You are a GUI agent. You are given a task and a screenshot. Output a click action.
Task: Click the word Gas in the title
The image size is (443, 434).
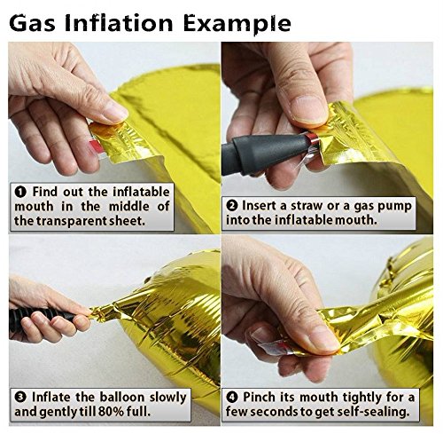tap(32, 23)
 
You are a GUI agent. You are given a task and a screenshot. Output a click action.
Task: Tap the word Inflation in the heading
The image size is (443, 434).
tap(119, 23)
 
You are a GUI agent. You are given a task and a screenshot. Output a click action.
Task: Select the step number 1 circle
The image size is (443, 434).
tap(20, 193)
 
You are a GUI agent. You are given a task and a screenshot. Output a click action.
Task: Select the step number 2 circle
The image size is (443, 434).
tap(232, 206)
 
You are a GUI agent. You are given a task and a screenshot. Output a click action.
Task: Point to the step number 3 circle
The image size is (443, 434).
tap(20, 397)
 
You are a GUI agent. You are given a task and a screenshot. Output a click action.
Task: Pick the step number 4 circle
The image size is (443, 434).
tap(232, 397)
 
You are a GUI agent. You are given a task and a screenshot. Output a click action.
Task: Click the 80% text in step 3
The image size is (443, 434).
tap(110, 412)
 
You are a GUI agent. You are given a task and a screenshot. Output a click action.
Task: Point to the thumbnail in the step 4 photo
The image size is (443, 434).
tap(324, 339)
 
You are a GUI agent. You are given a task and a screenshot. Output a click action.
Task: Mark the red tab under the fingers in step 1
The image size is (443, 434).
tap(97, 147)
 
